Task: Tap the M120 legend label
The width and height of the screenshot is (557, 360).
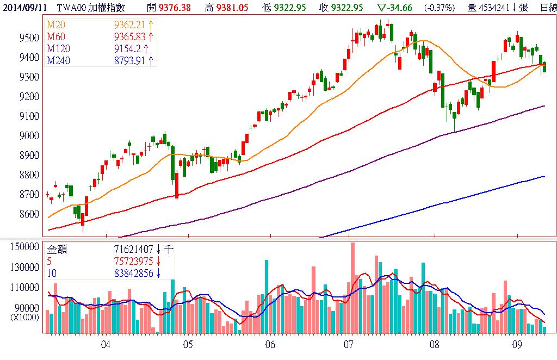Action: tap(58, 49)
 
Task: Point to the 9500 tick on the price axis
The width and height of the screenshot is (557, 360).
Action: tap(28, 38)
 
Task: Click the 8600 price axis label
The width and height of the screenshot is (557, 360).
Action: tap(28, 214)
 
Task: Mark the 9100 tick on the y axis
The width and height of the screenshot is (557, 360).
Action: tap(28, 116)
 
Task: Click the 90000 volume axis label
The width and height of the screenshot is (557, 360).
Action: tap(27, 307)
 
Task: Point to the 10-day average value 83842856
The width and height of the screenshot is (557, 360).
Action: tap(135, 273)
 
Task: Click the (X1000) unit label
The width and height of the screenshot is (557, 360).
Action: tap(25, 316)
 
